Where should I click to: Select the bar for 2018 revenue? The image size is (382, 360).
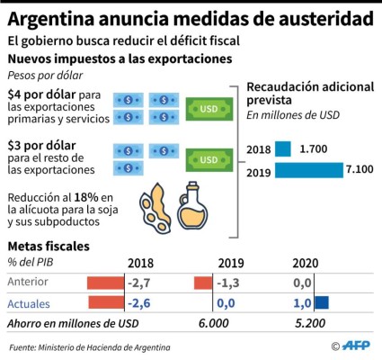pyautogui.click(x=282, y=149)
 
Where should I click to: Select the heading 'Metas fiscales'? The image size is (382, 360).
pyautogui.click(x=49, y=246)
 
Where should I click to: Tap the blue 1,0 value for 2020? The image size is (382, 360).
pyautogui.click(x=303, y=303)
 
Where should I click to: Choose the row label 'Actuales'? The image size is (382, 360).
pyautogui.click(x=29, y=303)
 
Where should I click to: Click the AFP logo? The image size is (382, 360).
pyautogui.click(x=359, y=346)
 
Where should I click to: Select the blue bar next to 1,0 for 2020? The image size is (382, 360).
pyautogui.click(x=322, y=303)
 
